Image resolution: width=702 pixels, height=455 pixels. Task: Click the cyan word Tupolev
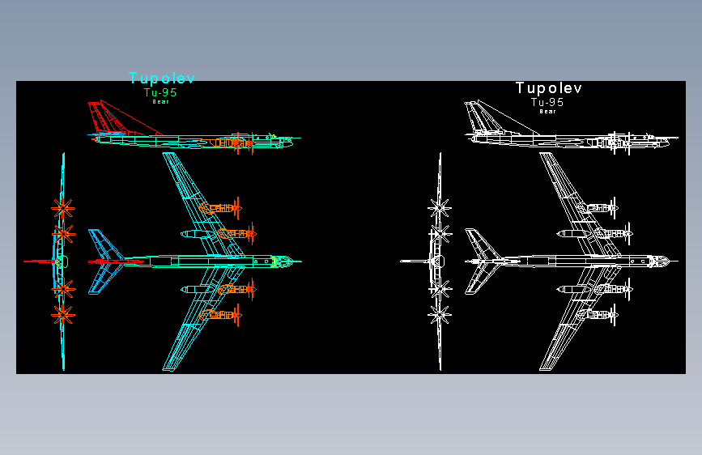point(162,79)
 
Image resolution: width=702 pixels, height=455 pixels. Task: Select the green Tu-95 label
point(160,93)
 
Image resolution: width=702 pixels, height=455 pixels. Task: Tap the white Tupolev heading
point(549,88)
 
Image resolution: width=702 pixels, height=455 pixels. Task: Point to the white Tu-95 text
point(547,103)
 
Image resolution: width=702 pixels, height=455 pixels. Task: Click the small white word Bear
point(547,112)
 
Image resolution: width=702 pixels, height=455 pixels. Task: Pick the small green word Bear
point(160,102)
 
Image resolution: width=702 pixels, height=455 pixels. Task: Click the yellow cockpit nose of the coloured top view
point(281,262)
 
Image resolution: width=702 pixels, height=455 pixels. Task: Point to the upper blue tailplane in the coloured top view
point(104,244)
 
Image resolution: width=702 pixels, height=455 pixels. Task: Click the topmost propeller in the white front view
point(440,207)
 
